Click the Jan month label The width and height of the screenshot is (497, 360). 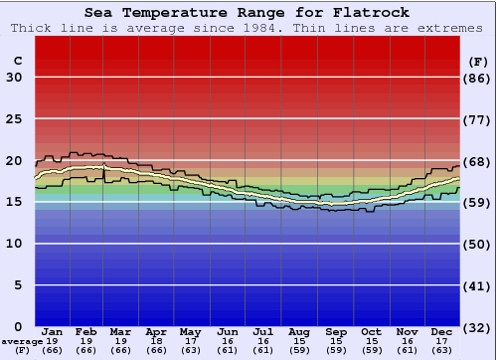click(53, 331)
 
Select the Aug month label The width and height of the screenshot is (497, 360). click(299, 331)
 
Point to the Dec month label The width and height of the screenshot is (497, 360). click(442, 331)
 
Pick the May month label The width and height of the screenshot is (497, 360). click(190, 331)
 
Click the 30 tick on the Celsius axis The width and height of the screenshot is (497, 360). click(14, 78)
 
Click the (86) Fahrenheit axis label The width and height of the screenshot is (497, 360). click(477, 78)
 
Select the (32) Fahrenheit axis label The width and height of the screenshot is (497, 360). click(477, 326)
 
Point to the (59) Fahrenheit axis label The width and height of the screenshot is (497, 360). click(477, 202)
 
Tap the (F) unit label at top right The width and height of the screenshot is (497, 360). click(477, 61)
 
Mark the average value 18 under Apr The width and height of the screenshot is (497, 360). click(156, 340)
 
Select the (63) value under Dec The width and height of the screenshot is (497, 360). click(442, 350)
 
